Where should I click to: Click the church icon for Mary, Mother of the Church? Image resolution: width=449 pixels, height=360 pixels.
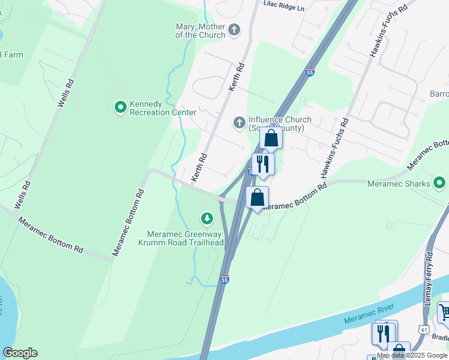pyautogui.click(x=235, y=29)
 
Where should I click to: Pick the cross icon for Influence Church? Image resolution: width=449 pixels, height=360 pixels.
pyautogui.click(x=239, y=123)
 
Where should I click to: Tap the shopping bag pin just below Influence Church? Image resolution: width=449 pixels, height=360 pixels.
pyautogui.click(x=271, y=139)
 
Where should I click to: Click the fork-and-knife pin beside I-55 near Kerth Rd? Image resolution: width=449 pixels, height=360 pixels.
pyautogui.click(x=263, y=164)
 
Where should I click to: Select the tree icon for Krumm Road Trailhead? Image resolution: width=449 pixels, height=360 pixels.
pyautogui.click(x=207, y=218)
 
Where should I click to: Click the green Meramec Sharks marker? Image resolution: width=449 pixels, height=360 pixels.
pyautogui.click(x=440, y=183)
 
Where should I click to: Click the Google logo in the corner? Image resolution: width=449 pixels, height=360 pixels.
pyautogui.click(x=20, y=353)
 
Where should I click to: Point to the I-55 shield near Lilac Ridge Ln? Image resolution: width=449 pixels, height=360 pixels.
pyautogui.click(x=310, y=72)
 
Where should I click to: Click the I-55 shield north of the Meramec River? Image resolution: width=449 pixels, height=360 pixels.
pyautogui.click(x=224, y=279)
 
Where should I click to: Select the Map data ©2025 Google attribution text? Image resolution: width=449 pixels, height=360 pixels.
pyautogui.click(x=412, y=355)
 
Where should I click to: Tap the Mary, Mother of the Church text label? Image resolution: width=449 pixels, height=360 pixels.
pyautogui.click(x=200, y=30)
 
